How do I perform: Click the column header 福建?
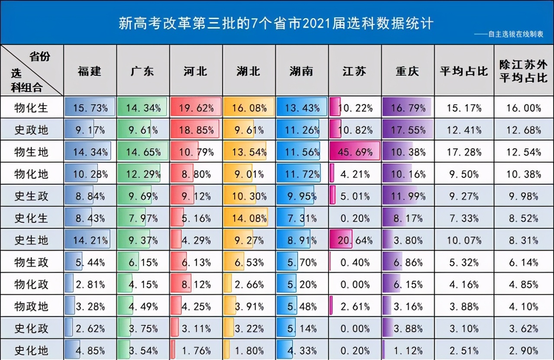(90, 71)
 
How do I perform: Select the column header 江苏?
(354, 71)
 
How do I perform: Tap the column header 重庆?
(407, 71)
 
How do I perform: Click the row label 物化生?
(31, 108)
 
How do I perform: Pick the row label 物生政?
(31, 262)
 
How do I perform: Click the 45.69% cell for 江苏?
(355, 152)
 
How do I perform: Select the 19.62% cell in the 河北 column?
(196, 108)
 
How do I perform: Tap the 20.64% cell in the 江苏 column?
(355, 240)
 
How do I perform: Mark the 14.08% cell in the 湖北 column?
(249, 218)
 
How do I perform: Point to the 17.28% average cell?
(464, 152)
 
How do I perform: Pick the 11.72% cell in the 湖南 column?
(302, 174)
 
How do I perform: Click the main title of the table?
(276, 23)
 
